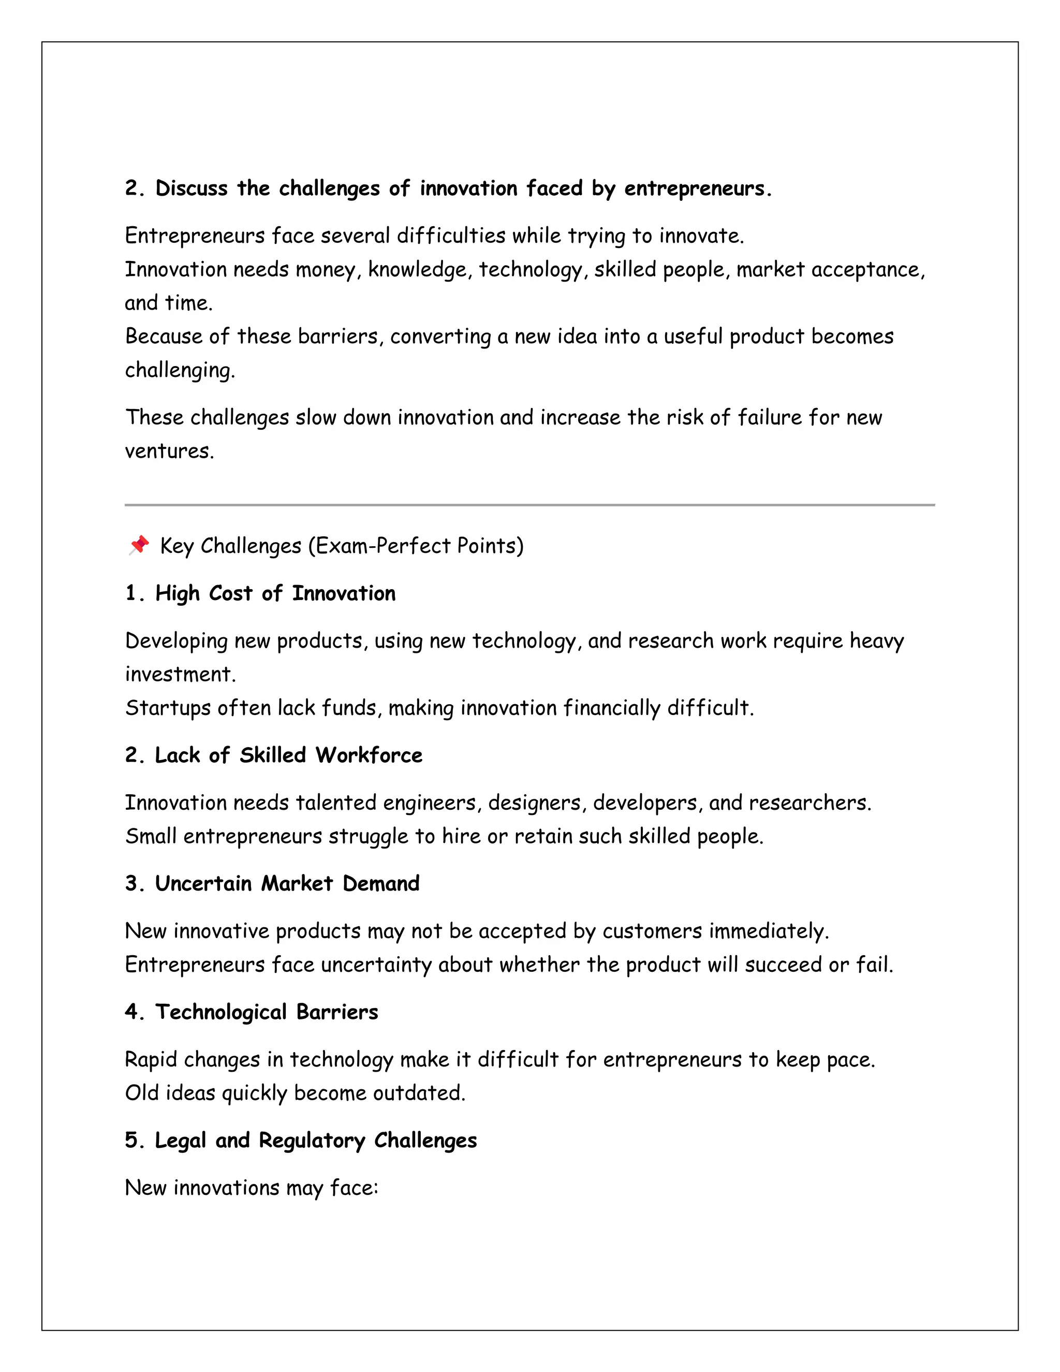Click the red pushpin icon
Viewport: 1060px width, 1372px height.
(139, 545)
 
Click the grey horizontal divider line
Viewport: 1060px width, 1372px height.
(529, 504)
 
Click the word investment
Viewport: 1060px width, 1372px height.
(179, 674)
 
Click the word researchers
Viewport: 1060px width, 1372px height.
(809, 803)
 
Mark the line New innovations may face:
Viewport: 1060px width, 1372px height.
(251, 1188)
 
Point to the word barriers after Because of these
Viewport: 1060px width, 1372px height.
(338, 337)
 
